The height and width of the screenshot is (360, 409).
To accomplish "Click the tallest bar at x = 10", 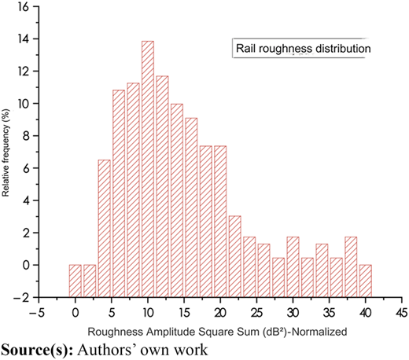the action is tap(148, 169).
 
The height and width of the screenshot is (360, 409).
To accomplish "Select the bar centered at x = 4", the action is tap(104, 229).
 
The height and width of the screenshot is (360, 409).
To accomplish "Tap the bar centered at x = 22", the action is tap(234, 256).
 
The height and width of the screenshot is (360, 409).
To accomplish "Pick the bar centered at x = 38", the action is tap(351, 267).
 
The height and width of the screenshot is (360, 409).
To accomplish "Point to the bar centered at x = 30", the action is tap(293, 267).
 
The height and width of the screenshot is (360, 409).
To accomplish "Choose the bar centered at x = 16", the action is tap(191, 208).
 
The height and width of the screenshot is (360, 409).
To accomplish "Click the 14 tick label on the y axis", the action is tap(24, 39).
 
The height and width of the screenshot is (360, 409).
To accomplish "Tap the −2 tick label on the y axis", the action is tap(22, 298).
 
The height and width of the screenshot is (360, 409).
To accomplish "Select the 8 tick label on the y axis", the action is tap(27, 136).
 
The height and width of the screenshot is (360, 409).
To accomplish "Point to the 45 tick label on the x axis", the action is tap(401, 313).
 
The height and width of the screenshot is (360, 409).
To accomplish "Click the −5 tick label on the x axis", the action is tap(39, 313).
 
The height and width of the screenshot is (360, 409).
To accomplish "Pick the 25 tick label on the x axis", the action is tap(256, 313).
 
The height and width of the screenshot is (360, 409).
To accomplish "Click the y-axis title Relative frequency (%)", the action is tap(6, 152).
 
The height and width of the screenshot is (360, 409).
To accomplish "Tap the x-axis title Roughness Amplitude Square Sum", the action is tap(174, 332).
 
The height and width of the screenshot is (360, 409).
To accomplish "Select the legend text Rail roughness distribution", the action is tap(304, 49).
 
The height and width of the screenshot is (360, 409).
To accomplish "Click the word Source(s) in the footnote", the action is tap(37, 350).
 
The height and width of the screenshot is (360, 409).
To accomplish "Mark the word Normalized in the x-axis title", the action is tap(319, 332).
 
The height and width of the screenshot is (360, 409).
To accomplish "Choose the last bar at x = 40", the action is tap(366, 281).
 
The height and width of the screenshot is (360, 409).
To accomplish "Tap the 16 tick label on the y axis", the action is tap(24, 7).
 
